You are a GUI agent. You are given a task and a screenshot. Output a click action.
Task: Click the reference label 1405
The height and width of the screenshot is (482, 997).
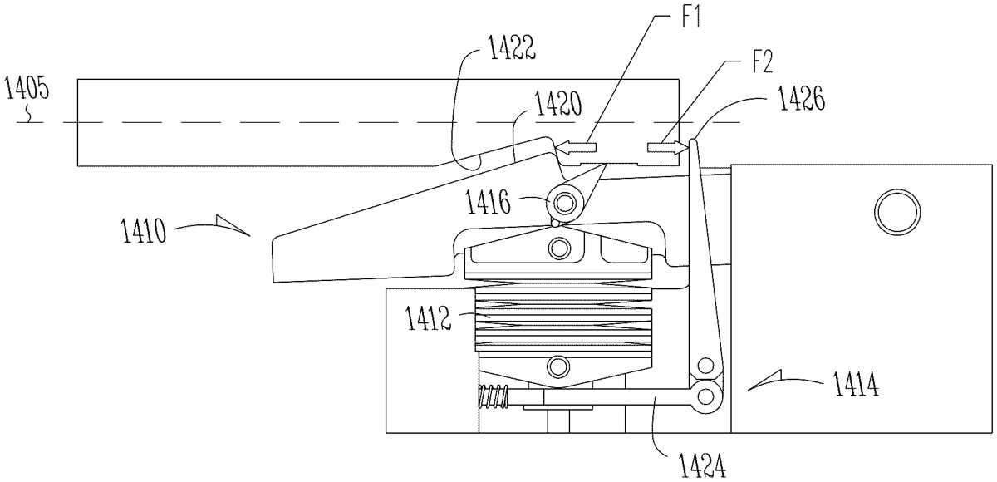click(x=27, y=88)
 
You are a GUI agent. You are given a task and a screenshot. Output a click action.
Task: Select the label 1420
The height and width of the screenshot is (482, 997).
click(x=558, y=104)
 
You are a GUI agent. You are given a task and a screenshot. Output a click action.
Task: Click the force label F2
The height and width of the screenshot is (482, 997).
click(x=762, y=61)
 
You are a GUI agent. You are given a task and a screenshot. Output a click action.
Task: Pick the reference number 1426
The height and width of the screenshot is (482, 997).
click(x=801, y=98)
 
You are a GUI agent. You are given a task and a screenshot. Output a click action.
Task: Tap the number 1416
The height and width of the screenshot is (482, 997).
click(x=488, y=202)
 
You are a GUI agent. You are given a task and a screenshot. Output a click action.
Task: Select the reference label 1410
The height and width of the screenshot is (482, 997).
click(x=144, y=230)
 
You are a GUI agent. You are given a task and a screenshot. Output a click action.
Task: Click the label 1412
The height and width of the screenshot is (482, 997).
click(x=428, y=318)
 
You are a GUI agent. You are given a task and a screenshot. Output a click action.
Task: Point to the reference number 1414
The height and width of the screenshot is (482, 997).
click(x=856, y=384)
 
